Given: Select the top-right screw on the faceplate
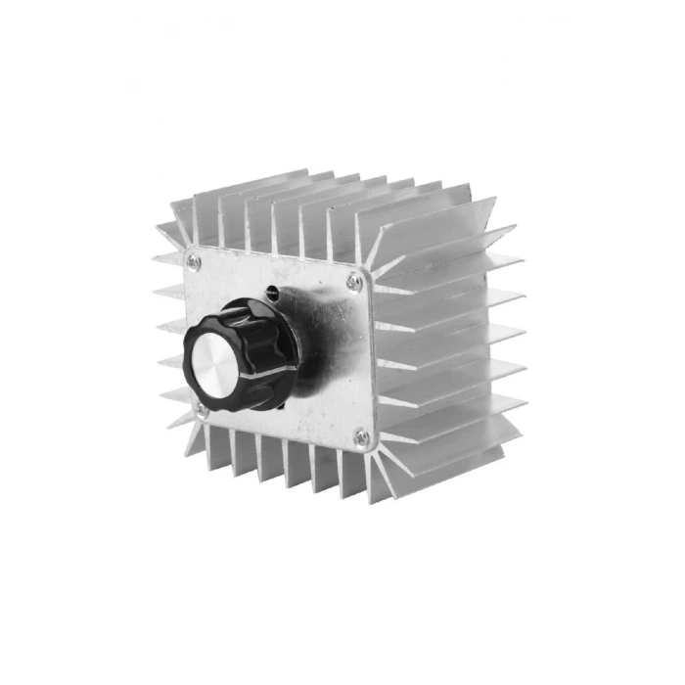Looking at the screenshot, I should pos(354,283).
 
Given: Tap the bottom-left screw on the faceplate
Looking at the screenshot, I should pos(203,409).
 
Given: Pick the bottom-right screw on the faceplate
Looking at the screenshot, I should pos(361,437).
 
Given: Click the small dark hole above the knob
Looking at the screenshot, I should pos(272,292).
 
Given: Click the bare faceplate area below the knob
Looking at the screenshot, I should pos(294,416).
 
